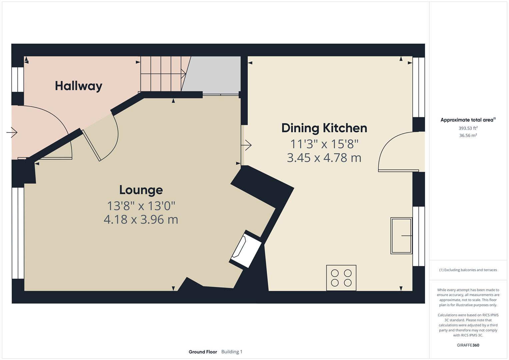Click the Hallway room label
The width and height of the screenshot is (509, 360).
[x=79, y=86]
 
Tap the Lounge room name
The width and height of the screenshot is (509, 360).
[x=141, y=190]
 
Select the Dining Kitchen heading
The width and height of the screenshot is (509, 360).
[x=324, y=128]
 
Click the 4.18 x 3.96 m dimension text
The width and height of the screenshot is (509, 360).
[x=141, y=220]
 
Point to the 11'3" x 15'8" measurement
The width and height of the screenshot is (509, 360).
[x=324, y=144]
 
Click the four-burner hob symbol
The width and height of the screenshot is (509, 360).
[x=341, y=278]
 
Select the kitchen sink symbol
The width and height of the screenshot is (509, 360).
[x=401, y=236]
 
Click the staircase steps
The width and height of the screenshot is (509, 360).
[x=162, y=74]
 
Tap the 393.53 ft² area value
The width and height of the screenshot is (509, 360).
[x=468, y=128]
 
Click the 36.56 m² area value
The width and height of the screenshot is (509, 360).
[x=468, y=135]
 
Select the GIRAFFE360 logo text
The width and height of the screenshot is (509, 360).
[x=468, y=345]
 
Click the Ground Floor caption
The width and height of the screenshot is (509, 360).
[x=203, y=352]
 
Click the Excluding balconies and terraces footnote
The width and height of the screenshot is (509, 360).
[x=468, y=270]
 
